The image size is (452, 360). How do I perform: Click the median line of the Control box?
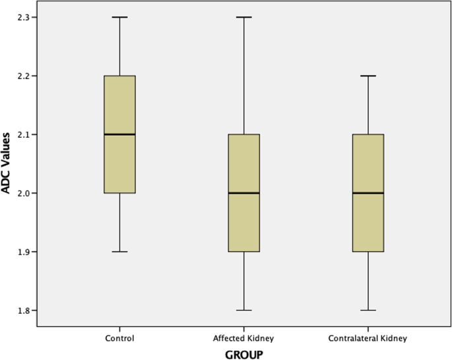119,135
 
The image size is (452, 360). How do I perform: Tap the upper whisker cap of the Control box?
119,17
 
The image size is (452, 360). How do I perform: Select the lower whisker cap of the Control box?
119,252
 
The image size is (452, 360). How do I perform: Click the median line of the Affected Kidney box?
243,193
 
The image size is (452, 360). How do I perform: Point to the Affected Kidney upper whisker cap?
243,17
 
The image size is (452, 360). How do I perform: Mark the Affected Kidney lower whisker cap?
243,310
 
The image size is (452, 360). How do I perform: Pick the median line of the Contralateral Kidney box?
368,193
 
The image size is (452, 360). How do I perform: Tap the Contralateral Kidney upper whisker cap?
368,76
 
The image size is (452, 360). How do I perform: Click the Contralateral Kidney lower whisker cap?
368,310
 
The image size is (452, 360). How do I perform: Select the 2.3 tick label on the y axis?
24,17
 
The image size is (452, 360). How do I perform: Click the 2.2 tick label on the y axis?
24,76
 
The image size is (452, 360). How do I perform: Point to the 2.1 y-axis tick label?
24,135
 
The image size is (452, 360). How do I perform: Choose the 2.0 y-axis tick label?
24,193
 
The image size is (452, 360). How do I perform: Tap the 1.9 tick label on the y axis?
24,252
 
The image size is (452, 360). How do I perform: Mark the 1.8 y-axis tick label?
24,310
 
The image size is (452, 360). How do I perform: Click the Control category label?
119,339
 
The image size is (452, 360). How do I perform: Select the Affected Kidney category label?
243,339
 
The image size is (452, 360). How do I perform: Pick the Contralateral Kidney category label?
368,339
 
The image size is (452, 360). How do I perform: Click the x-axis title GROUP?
244,354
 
